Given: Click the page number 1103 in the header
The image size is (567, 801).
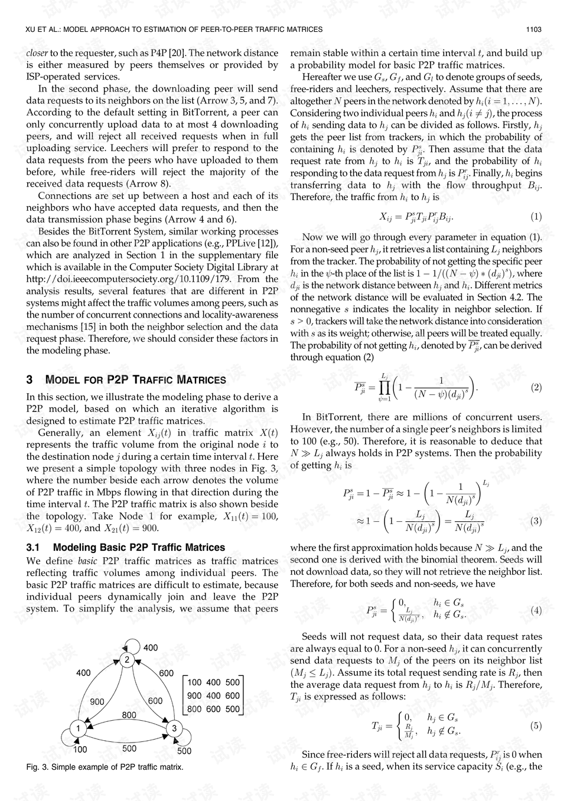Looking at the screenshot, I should pyautogui.click(x=534, y=29).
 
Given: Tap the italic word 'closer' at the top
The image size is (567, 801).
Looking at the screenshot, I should pyautogui.click(x=37, y=53).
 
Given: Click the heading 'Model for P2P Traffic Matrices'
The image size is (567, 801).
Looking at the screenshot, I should pyautogui.click(x=126, y=380).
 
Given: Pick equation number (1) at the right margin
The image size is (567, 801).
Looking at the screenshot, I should pyautogui.click(x=536, y=217).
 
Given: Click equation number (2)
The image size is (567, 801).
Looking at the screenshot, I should pyautogui.click(x=536, y=387).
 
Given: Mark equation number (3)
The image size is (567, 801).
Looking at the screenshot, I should pyautogui.click(x=536, y=521).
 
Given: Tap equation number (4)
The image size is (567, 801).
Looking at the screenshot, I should pyautogui.click(x=536, y=610).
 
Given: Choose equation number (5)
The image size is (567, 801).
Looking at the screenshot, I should pyautogui.click(x=536, y=725).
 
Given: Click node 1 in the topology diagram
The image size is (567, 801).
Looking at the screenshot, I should pyautogui.click(x=77, y=728).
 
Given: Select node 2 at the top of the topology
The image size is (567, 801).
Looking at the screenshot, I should pyautogui.click(x=127, y=660).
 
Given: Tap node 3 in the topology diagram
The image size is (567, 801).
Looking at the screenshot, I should pyautogui.click(x=174, y=728).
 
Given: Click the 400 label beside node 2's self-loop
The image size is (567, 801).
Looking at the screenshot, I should pyautogui.click(x=151, y=648).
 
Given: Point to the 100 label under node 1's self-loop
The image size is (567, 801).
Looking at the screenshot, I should pyautogui.click(x=80, y=750).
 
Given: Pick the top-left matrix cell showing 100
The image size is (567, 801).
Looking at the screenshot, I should pyautogui.click(x=195, y=682).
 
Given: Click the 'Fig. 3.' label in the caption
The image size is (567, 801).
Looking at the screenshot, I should pyautogui.click(x=37, y=767).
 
